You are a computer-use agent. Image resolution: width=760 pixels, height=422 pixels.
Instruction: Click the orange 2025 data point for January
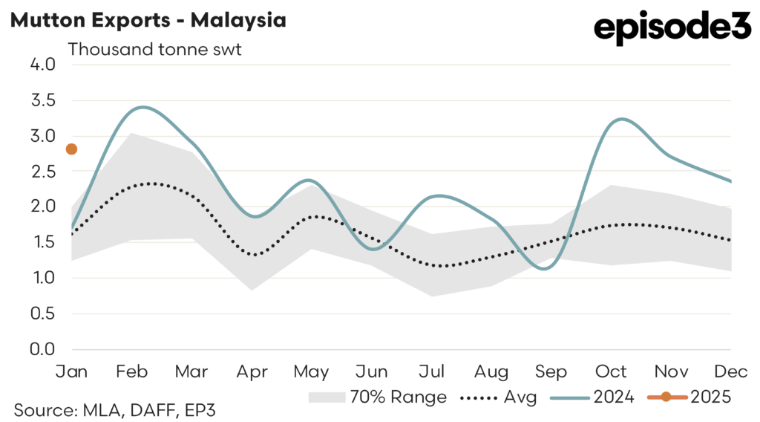pyautogui.click(x=71, y=149)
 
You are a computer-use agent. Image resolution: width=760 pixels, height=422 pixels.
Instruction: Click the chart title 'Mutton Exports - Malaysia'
pyautogui.click(x=148, y=20)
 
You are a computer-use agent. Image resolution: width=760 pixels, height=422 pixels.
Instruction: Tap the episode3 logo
pyautogui.click(x=672, y=29)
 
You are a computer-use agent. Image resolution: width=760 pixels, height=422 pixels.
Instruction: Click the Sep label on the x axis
pyautogui.click(x=551, y=371)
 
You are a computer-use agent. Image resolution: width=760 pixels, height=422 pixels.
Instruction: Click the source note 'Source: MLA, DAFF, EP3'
pyautogui.click(x=115, y=409)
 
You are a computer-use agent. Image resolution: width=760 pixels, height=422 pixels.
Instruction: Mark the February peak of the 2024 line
pyautogui.click(x=142, y=107)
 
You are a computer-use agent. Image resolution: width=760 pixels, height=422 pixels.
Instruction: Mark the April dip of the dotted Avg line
pyautogui.click(x=255, y=255)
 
